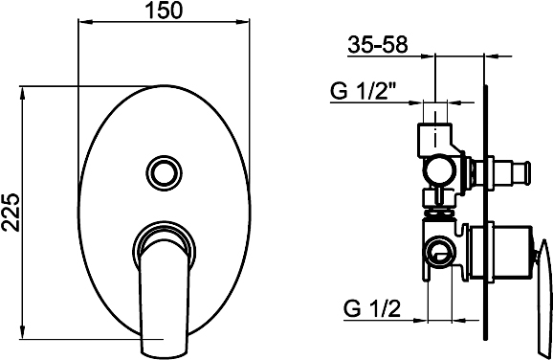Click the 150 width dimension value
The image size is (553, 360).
165,10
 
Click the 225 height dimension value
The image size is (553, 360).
11,213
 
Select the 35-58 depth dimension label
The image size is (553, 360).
378,45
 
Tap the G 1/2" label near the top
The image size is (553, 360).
363,91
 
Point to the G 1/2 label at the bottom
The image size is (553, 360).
372,309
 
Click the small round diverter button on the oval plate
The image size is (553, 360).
164,172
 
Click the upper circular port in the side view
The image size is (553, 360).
439,170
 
